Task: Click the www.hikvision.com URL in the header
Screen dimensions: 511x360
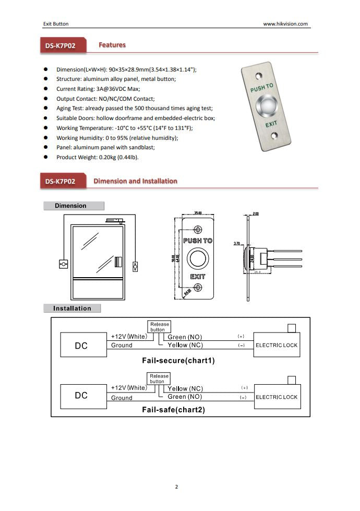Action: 285,23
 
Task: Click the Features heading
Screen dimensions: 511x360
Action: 112,45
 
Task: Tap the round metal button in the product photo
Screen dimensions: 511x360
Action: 267,106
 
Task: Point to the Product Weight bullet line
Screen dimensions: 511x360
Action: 97,157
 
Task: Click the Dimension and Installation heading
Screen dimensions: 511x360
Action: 135,181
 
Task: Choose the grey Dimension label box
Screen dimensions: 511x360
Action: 74,206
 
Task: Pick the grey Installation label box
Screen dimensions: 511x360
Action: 72,308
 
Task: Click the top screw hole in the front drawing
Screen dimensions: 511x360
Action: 198,230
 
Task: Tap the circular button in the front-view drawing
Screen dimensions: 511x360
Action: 198,259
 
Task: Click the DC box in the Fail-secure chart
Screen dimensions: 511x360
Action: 81,346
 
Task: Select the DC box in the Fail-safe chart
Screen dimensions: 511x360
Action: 81,396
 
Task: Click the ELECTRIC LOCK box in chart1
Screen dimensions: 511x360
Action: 277,346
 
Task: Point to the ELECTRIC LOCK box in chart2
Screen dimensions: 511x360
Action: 277,397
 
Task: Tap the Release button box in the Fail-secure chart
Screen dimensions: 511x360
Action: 159,327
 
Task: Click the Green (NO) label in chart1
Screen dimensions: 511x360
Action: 184,337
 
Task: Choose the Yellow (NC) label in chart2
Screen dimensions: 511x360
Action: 185,389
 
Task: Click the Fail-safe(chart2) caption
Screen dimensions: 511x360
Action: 173,410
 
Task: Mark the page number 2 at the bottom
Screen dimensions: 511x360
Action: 176,487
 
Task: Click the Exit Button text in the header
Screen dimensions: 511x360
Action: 55,23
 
